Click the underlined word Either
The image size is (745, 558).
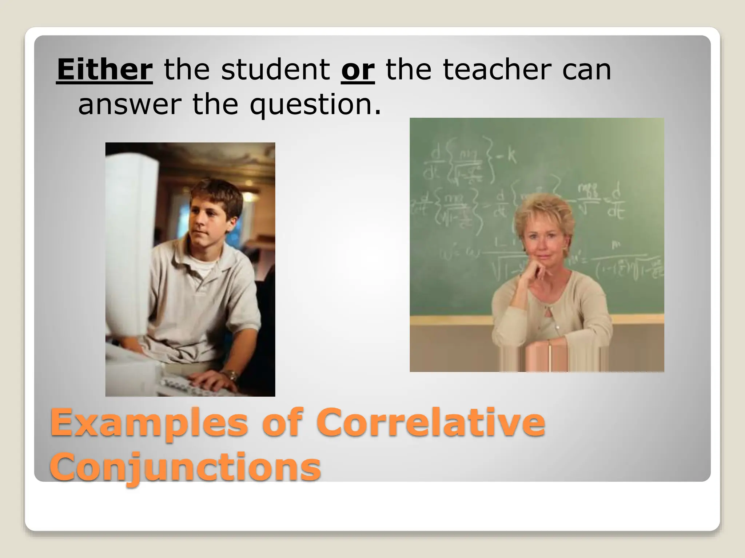[x=104, y=70]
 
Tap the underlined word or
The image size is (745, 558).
[x=358, y=70]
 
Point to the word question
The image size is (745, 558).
[x=315, y=105]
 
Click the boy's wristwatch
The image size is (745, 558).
[x=230, y=375]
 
